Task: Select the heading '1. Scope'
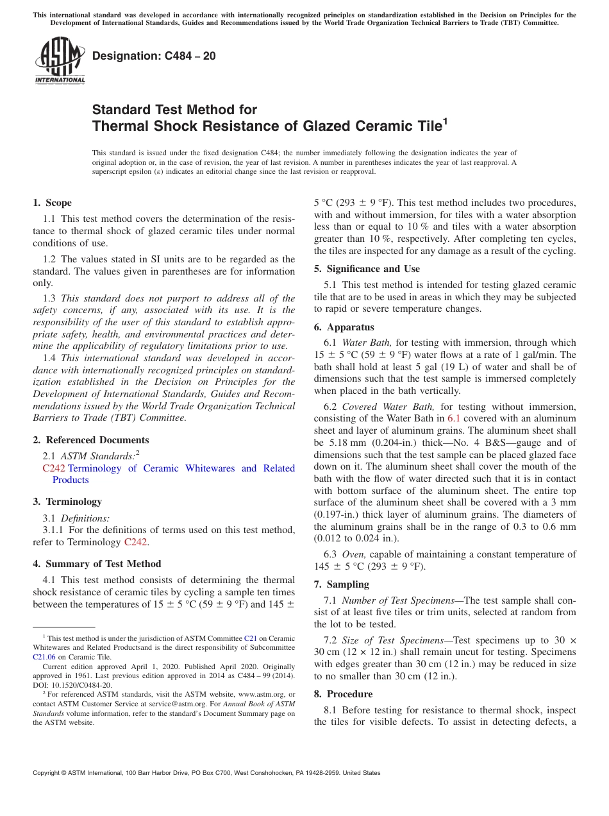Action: [53, 203]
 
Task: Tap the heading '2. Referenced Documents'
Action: [91, 440]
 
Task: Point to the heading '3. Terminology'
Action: [67, 502]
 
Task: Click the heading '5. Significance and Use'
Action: [367, 269]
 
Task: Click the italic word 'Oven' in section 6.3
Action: [353, 554]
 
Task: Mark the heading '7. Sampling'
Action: [342, 584]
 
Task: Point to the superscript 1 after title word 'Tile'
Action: [445, 120]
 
